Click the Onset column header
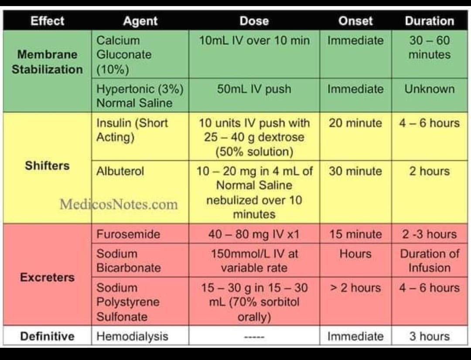(355, 21)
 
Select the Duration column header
(429, 21)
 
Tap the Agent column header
(140, 21)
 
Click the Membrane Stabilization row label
(47, 62)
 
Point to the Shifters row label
(47, 166)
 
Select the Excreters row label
(47, 277)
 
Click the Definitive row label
(47, 336)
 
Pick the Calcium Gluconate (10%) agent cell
(124, 54)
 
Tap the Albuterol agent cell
(120, 171)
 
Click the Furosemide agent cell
(128, 234)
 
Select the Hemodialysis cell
(132, 336)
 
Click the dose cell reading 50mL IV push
(254, 89)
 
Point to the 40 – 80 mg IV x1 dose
(254, 234)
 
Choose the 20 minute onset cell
(355, 123)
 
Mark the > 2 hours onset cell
(355, 288)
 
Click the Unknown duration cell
(429, 89)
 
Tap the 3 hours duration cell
(429, 336)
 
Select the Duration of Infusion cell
(429, 261)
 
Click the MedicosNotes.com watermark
(119, 204)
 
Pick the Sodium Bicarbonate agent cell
(128, 261)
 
